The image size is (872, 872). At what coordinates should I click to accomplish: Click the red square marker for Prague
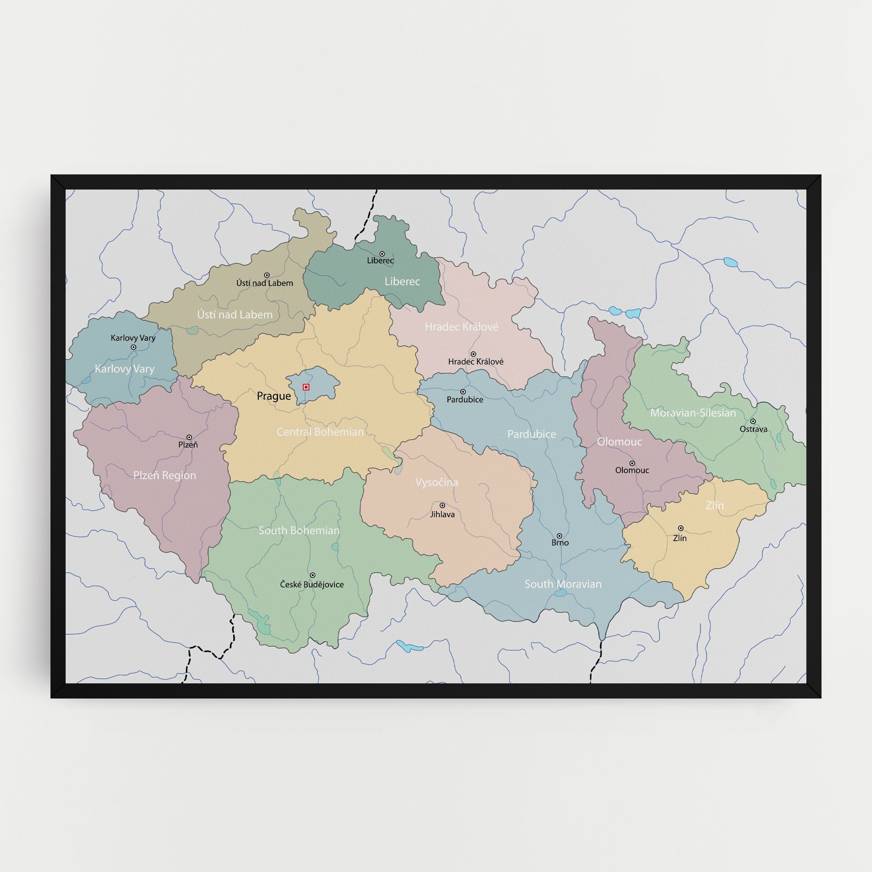pyautogui.click(x=306, y=387)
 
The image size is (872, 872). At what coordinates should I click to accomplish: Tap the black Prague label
pyautogui.click(x=274, y=396)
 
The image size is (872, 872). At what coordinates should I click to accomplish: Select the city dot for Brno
pyautogui.click(x=559, y=536)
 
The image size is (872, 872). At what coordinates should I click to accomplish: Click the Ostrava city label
pyautogui.click(x=753, y=429)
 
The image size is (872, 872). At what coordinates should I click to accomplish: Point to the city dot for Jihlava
pyautogui.click(x=442, y=505)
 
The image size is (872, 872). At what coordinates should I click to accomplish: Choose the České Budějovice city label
pyautogui.click(x=312, y=584)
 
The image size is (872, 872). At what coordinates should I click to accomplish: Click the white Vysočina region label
pyautogui.click(x=436, y=482)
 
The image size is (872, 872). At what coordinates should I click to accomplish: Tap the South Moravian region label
pyautogui.click(x=563, y=584)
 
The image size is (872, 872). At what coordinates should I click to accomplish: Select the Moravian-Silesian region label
pyautogui.click(x=693, y=413)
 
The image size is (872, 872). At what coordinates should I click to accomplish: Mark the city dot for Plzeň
pyautogui.click(x=189, y=437)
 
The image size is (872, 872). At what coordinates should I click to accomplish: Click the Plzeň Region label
pyautogui.click(x=164, y=475)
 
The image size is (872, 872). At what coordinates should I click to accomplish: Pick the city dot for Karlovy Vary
pyautogui.click(x=134, y=347)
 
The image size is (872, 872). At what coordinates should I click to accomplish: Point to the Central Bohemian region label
pyautogui.click(x=320, y=432)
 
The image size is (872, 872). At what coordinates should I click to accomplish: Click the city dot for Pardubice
pyautogui.click(x=463, y=391)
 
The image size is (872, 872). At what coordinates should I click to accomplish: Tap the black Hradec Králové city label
pyautogui.click(x=475, y=362)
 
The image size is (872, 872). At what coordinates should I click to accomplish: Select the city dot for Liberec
pyautogui.click(x=382, y=253)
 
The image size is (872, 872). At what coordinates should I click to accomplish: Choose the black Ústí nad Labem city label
pyautogui.click(x=264, y=283)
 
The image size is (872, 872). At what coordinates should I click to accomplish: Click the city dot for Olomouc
pyautogui.click(x=632, y=463)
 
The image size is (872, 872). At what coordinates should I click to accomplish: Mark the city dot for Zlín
pyautogui.click(x=681, y=528)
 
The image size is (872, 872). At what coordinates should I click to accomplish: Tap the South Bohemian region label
pyautogui.click(x=299, y=531)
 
